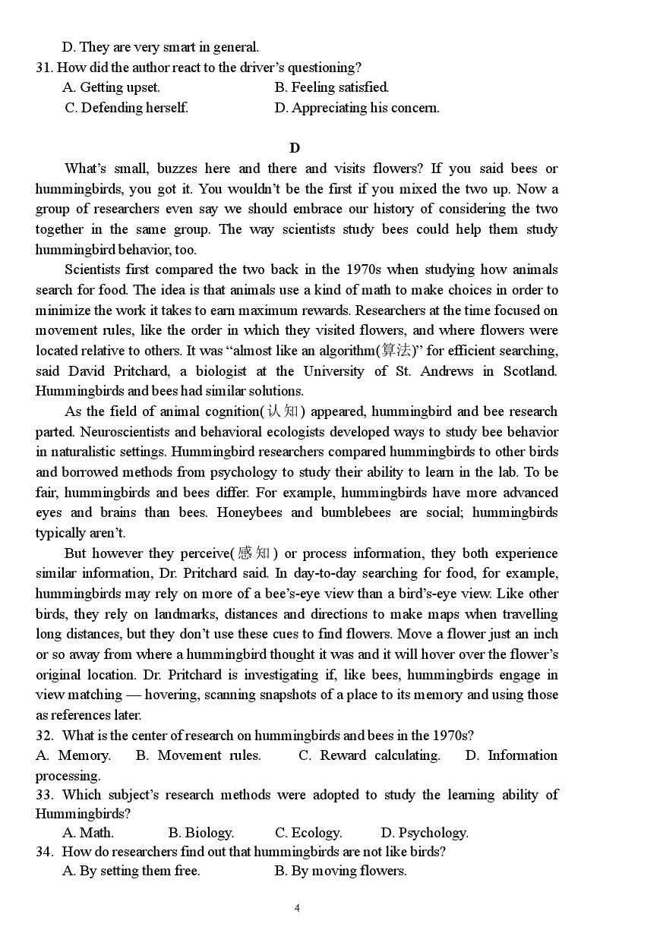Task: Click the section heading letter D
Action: [x=295, y=148]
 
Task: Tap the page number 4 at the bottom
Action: [x=297, y=908]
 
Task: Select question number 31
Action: [x=44, y=68]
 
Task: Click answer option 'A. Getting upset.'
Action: [x=111, y=87]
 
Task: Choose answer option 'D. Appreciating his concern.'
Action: [x=357, y=108]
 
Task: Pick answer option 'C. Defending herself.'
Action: [x=127, y=108]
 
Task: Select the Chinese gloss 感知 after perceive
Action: [x=254, y=553]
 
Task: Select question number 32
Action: [x=44, y=736]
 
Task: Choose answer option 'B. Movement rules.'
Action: [x=198, y=755]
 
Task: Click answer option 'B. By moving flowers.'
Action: [x=340, y=871]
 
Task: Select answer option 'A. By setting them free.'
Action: [x=131, y=871]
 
